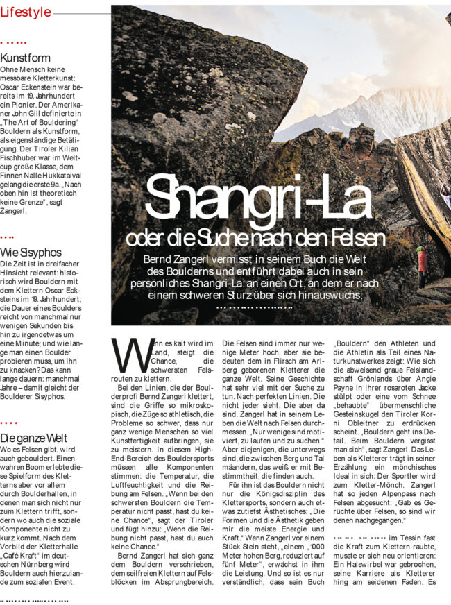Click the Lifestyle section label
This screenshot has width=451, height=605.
(26, 12)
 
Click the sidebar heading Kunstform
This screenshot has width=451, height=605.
(26, 58)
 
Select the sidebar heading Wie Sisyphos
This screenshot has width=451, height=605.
(31, 252)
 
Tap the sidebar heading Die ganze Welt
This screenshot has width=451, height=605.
(34, 438)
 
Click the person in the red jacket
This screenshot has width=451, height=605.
(421, 262)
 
